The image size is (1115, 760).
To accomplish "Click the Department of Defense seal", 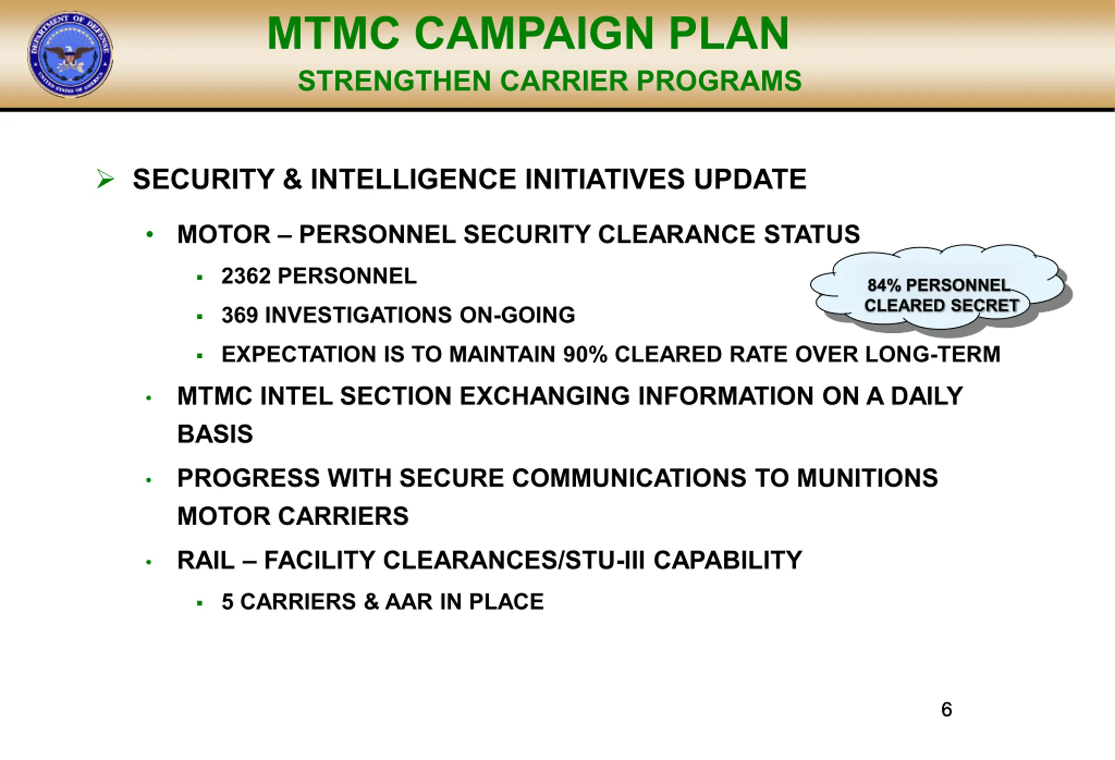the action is (x=71, y=55).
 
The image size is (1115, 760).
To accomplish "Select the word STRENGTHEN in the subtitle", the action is (x=394, y=80).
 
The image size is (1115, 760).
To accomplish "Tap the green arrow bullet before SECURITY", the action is (x=105, y=179).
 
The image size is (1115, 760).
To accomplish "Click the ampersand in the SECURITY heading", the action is (x=292, y=179).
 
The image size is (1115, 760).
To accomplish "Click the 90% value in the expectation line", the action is (x=585, y=354).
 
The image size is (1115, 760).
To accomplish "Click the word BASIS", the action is (x=215, y=434).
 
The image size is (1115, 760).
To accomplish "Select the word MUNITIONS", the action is (x=868, y=478).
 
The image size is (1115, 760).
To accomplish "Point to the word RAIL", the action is (x=206, y=560).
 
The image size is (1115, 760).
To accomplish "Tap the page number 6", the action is (x=946, y=709).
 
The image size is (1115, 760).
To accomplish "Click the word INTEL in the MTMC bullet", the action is (x=296, y=396).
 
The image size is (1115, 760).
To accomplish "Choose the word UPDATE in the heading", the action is (x=750, y=179).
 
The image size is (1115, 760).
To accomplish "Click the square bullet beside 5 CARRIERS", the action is (x=199, y=603).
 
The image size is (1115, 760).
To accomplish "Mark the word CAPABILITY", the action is (x=728, y=560).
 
